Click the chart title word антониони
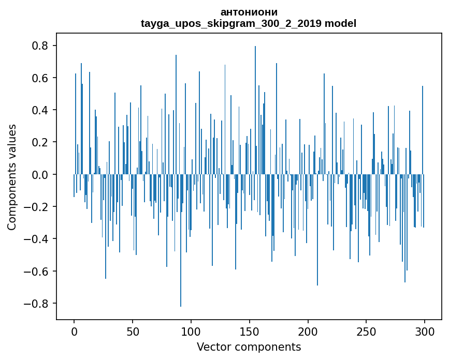tap(249, 12)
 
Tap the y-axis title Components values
tap(12, 177)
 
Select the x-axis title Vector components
tap(249, 347)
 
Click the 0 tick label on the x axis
tap(74, 331)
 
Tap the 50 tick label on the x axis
tap(133, 331)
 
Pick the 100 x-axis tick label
tap(191, 331)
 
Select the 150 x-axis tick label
tap(250, 331)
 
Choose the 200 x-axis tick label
tap(308, 331)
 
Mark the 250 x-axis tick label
tap(366, 331)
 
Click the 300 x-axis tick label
tap(425, 331)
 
